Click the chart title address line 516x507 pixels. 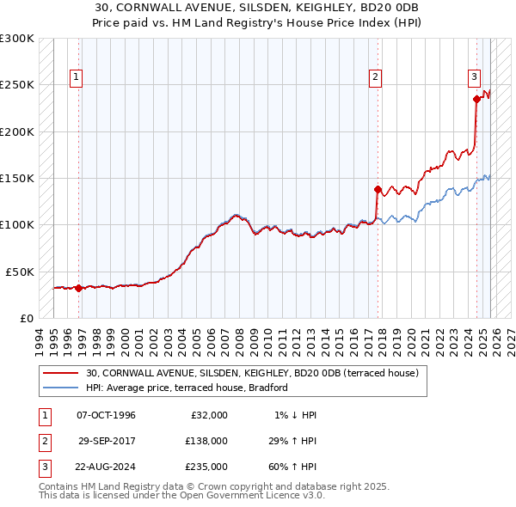click(x=258, y=8)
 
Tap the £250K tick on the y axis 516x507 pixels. click(x=17, y=85)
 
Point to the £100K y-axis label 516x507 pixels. click(x=17, y=224)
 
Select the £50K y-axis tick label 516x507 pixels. click(x=20, y=271)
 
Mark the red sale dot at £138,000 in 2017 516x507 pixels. click(x=378, y=189)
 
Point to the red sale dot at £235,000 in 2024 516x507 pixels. click(x=476, y=99)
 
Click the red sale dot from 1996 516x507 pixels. click(x=78, y=288)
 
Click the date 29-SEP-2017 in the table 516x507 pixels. click(x=107, y=440)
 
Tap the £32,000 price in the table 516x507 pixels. click(x=209, y=415)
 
